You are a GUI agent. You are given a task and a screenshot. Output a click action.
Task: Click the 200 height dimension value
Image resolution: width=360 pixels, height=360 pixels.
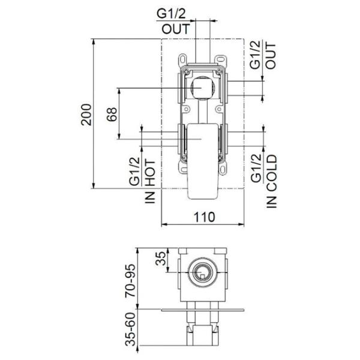click(x=86, y=115)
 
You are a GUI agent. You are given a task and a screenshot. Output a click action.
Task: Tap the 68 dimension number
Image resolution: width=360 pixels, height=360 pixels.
click(x=112, y=114)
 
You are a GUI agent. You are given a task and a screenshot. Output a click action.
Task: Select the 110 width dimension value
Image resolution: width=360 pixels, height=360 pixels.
click(x=205, y=217)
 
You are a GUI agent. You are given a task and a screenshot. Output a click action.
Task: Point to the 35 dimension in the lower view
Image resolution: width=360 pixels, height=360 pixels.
click(x=160, y=259)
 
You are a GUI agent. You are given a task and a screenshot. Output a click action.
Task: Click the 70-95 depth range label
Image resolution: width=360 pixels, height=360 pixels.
click(x=130, y=281)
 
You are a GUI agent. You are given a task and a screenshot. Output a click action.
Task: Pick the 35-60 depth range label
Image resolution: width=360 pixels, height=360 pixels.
click(x=130, y=329)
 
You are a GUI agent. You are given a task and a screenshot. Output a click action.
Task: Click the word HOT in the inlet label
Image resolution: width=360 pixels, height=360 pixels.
click(x=151, y=173)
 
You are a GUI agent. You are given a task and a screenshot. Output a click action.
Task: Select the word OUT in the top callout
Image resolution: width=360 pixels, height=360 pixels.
click(x=176, y=29)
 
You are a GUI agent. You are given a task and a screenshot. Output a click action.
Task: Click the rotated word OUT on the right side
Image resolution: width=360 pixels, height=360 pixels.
click(x=271, y=56)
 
